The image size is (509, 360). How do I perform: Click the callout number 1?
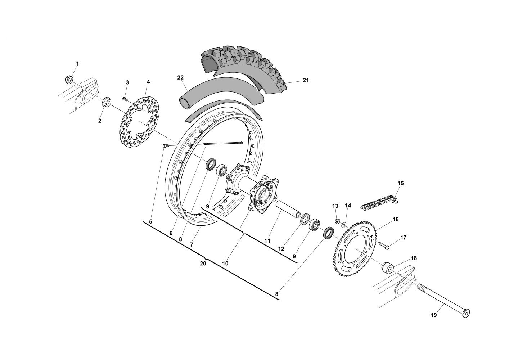click(77, 64)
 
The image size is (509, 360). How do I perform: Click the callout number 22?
click(180, 77)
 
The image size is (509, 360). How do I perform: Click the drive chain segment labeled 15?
click(380, 203)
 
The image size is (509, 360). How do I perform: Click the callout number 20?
click(203, 264)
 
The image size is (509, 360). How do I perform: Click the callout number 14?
click(348, 206)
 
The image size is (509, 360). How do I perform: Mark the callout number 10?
click(225, 263)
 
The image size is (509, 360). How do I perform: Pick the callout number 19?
click(433, 315)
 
